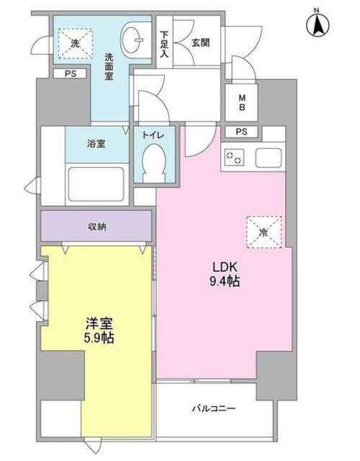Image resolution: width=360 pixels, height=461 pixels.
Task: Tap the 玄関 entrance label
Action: (201, 42)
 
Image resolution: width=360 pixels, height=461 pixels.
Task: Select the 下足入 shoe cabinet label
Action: (165, 44)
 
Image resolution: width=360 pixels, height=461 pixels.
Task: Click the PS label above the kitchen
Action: (241, 132)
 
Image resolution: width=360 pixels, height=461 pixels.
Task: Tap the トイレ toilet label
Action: (151, 134)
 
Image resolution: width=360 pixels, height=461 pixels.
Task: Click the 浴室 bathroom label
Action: (96, 143)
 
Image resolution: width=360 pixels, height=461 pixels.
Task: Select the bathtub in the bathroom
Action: (96, 182)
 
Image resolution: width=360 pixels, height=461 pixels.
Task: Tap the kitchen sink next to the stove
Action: (270, 156)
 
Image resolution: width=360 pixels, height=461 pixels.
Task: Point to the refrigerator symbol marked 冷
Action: (264, 232)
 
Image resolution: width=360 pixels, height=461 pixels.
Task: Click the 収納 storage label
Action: (96, 227)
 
